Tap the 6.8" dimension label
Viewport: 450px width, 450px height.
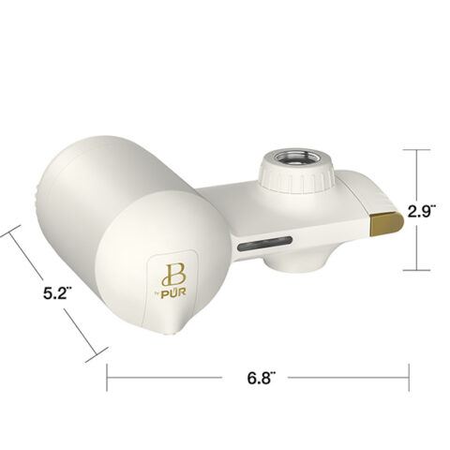[261, 378]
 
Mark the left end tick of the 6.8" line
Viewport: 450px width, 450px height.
[107, 377]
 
